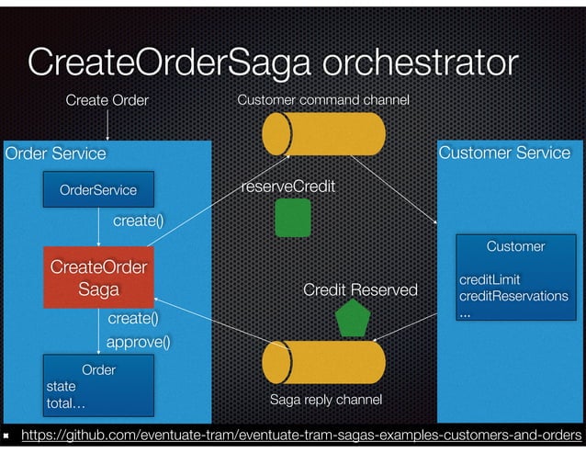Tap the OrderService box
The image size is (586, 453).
tap(98, 190)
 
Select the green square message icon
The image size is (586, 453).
tap(293, 218)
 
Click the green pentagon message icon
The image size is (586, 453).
tap(352, 318)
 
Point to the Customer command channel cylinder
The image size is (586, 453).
tap(322, 135)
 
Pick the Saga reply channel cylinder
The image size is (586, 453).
tap(322, 363)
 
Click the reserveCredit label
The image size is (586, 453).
tap(287, 187)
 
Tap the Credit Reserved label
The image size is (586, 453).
tap(360, 290)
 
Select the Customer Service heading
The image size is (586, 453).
tap(504, 153)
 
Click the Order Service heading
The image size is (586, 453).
tap(56, 153)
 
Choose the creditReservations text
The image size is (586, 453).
tap(513, 296)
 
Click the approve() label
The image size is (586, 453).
tap(139, 342)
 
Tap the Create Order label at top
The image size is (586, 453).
tap(107, 99)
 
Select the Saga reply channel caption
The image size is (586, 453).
tap(324, 401)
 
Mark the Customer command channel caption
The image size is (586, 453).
tap(322, 99)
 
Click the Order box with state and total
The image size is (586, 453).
tap(98, 386)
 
